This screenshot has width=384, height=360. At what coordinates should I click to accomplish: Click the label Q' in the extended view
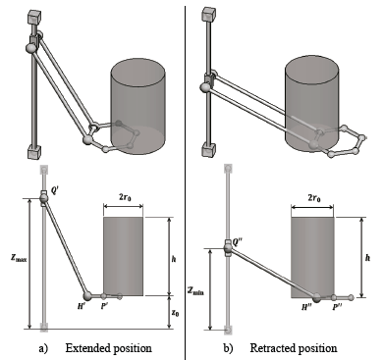[x=55, y=191]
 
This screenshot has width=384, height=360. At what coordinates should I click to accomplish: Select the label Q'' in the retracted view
[x=237, y=242]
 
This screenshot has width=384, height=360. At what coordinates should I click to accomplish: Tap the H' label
[x=82, y=306]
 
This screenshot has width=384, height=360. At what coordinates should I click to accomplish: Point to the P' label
[x=104, y=306]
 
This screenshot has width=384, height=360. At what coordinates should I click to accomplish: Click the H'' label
[x=307, y=307]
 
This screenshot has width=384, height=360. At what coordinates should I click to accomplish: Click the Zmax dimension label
[x=18, y=258]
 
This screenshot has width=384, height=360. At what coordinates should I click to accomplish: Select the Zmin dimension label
[x=195, y=290]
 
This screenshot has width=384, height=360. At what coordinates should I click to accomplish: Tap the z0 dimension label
[x=176, y=313]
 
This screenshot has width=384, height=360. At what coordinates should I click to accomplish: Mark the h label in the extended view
[x=174, y=259]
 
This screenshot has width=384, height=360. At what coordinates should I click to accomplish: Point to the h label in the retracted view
[x=367, y=258]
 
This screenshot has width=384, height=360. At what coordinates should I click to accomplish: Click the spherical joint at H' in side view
[x=87, y=296]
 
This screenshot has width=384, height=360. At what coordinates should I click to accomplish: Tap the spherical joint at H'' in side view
[x=316, y=297]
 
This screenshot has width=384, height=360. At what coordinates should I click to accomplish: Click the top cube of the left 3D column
[x=34, y=18]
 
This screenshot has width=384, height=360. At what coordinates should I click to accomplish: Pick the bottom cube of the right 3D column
[x=209, y=149]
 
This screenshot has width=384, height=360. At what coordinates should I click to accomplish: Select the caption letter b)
[x=228, y=348]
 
